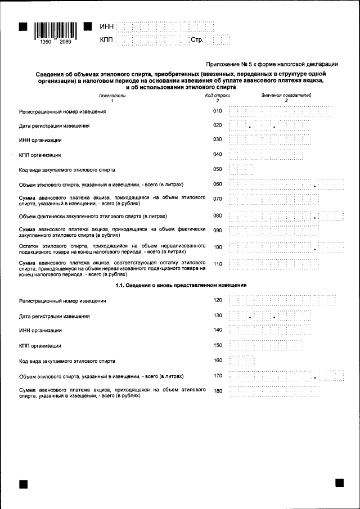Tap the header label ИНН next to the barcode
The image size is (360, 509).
click(106, 26)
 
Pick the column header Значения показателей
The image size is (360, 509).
click(286, 96)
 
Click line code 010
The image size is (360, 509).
click(218, 111)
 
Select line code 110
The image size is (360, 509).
click(218, 264)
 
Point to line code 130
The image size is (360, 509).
click(218, 316)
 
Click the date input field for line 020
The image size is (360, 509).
click(270, 126)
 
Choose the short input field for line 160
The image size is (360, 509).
click(242, 360)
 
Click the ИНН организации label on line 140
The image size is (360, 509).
click(40, 330)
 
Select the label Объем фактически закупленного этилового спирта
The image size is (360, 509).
click(84, 216)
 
